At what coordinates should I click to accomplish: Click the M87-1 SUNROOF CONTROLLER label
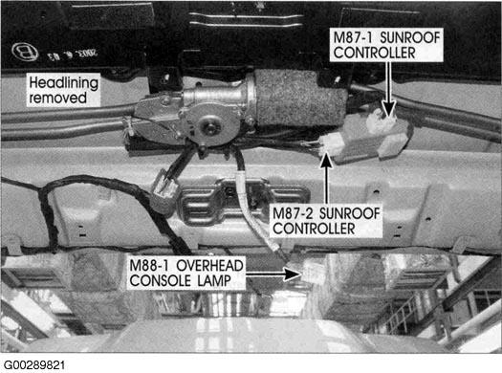tap(386, 45)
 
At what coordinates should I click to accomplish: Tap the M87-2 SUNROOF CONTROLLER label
tap(326, 221)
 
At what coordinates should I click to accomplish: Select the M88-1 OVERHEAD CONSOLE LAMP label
tap(186, 274)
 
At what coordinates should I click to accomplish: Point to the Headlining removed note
tap(63, 90)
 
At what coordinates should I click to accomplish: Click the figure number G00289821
tap(34, 365)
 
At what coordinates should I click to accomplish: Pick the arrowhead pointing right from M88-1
tap(293, 274)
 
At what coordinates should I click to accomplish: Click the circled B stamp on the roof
tap(25, 52)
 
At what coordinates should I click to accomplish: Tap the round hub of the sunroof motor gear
tap(211, 126)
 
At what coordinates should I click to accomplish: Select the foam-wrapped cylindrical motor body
tap(299, 98)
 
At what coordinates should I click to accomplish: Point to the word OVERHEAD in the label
tap(209, 266)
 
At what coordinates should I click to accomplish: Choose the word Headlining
tap(63, 83)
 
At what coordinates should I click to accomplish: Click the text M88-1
tap(150, 266)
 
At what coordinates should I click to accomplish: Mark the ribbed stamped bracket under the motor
tap(243, 203)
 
